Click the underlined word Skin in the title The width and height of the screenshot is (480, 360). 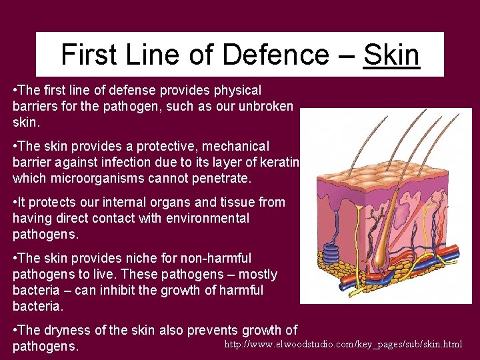pos(391,55)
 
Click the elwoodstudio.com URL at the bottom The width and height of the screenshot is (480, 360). pos(343,344)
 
